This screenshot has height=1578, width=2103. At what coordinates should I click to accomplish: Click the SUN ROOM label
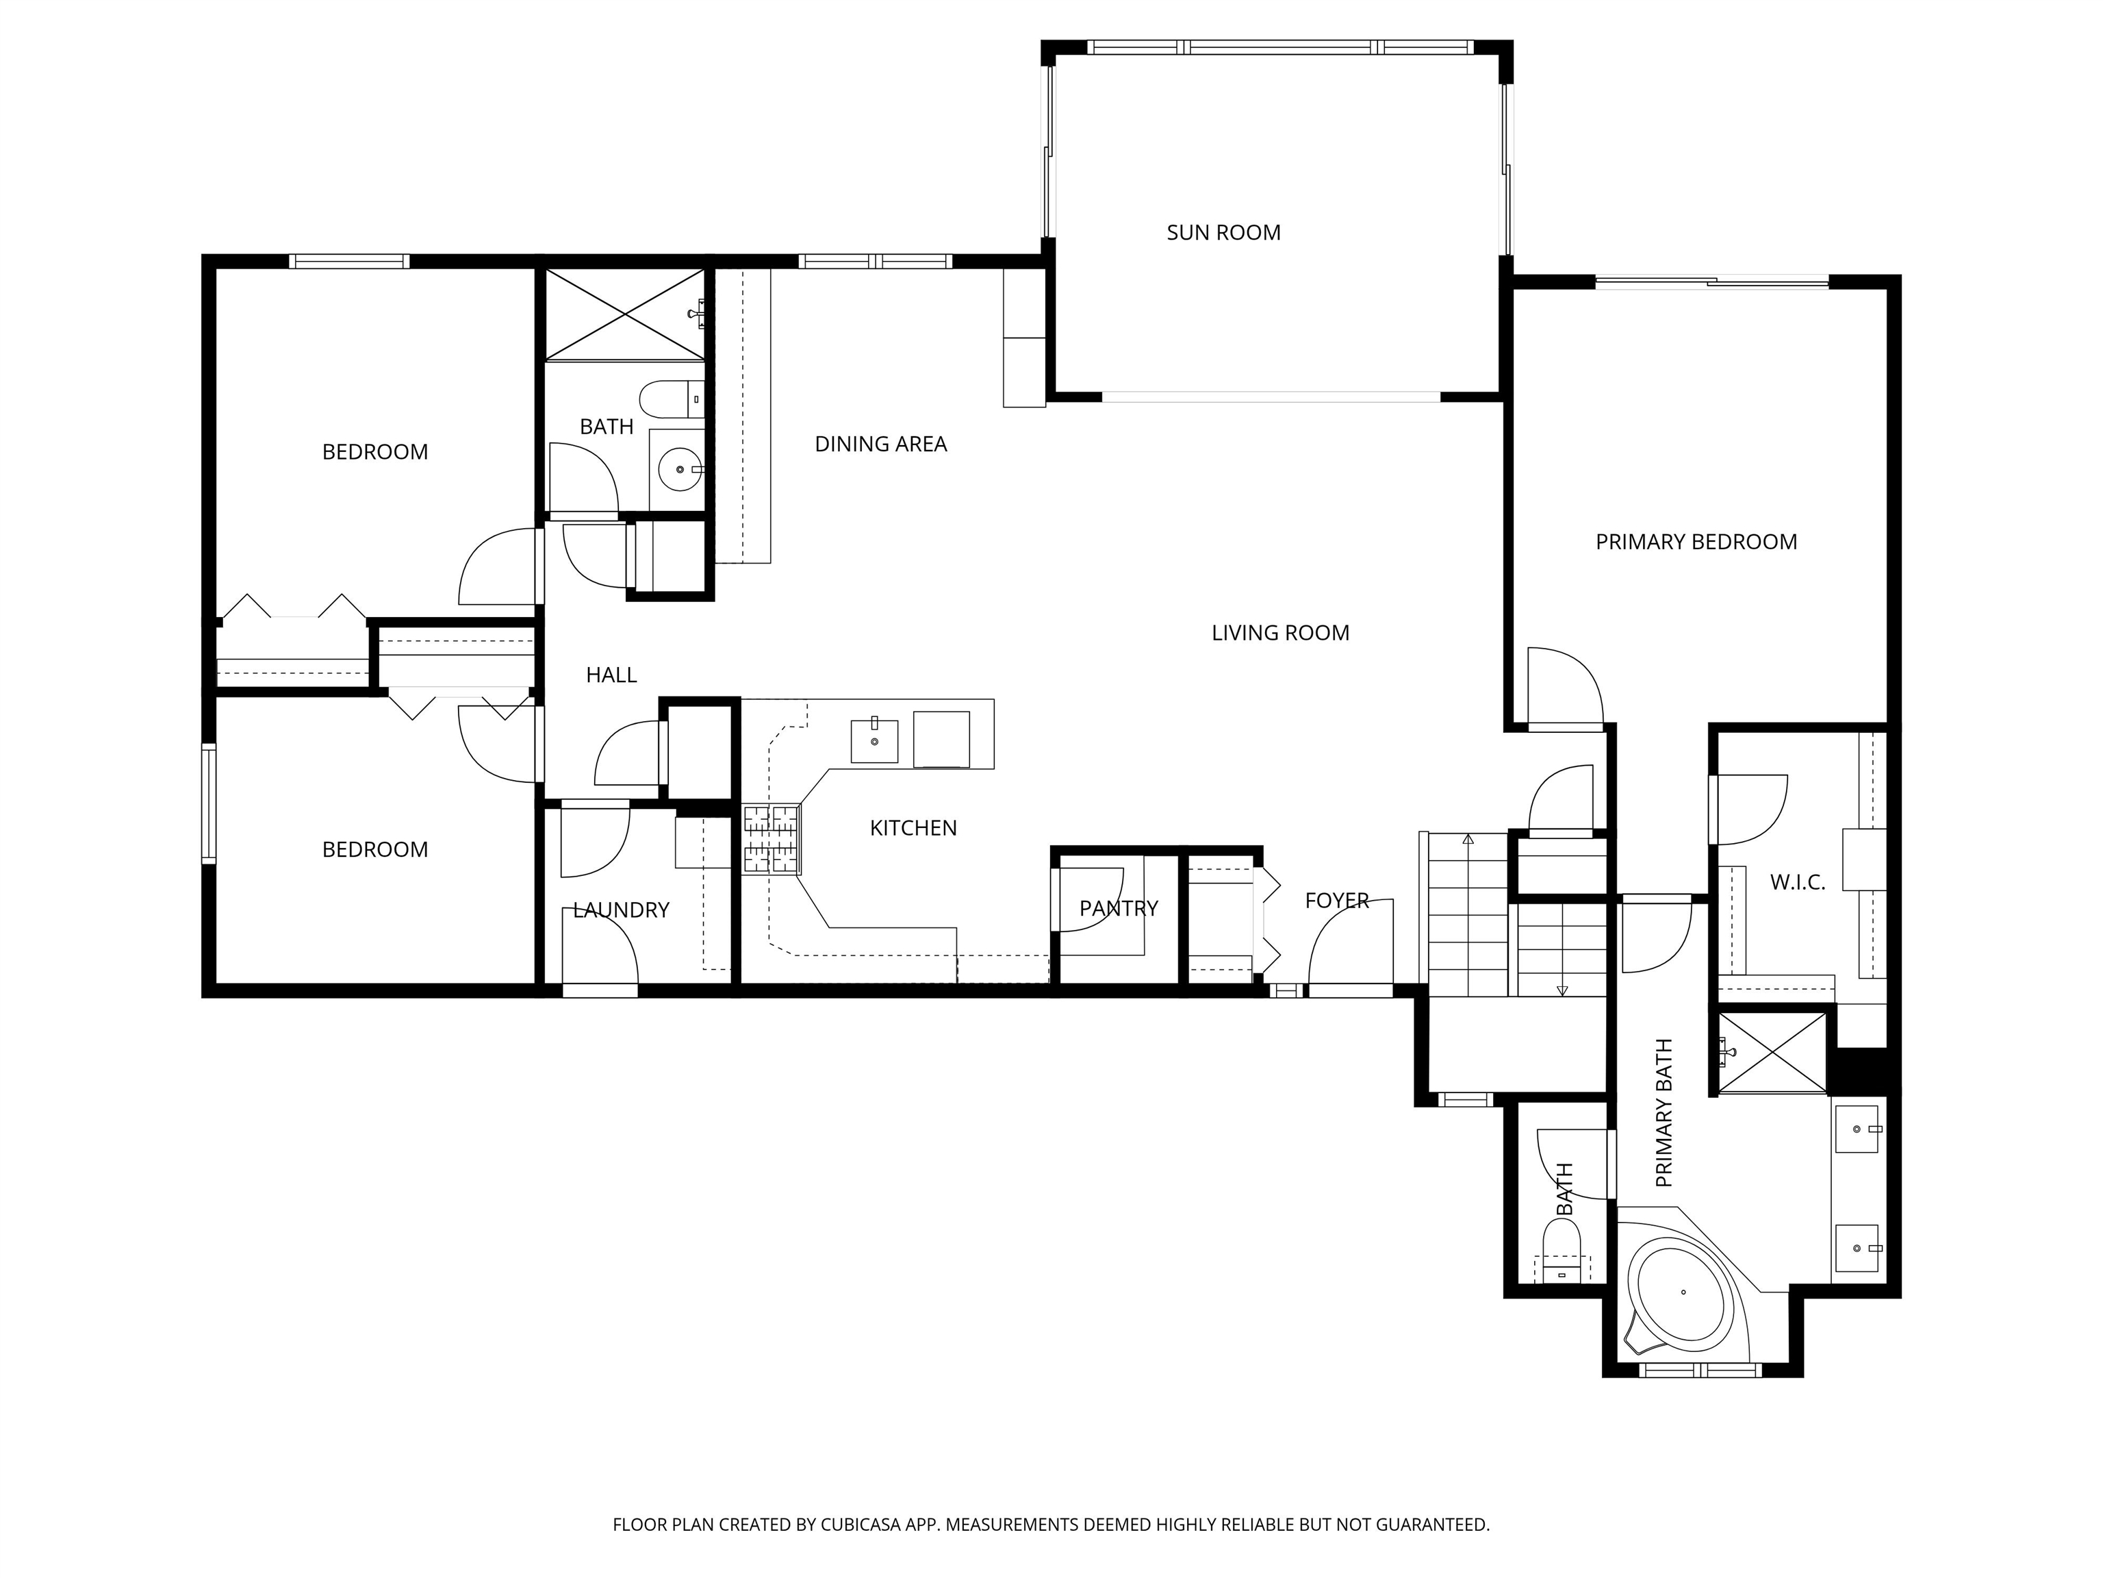tap(1223, 232)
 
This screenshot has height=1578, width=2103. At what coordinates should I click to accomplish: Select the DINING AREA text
tap(880, 443)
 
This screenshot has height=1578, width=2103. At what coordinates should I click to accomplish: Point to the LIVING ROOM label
tap(1279, 633)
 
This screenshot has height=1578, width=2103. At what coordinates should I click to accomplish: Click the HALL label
tap(611, 675)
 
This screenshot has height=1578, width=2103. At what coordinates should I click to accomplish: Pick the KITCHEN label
tap(913, 827)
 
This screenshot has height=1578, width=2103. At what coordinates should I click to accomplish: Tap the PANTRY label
tap(1118, 908)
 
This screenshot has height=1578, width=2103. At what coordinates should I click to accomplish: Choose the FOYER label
tap(1337, 900)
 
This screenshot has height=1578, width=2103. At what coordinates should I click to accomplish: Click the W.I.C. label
tap(1797, 881)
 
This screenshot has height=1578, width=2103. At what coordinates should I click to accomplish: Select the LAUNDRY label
tap(621, 910)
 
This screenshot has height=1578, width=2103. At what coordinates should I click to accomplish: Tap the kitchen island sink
tap(874, 740)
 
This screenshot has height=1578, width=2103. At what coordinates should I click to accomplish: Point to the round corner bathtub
tap(1681, 1292)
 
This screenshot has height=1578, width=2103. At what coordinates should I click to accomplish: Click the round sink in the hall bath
tap(680, 469)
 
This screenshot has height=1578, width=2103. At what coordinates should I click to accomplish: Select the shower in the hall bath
tap(624, 314)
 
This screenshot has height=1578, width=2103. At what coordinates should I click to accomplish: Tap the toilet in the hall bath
tap(671, 399)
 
